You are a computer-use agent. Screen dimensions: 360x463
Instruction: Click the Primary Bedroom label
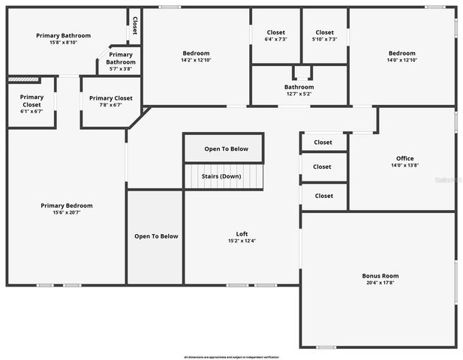(67, 205)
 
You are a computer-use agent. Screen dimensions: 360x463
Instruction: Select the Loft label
(242, 234)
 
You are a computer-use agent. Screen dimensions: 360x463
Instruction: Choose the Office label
(405, 158)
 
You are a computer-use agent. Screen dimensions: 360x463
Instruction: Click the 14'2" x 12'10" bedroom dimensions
(196, 59)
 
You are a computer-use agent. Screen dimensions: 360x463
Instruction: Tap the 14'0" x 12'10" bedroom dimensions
(402, 59)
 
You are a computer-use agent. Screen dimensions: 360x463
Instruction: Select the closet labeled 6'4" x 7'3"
(276, 39)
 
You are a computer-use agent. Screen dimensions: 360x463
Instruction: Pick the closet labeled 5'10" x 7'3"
(325, 39)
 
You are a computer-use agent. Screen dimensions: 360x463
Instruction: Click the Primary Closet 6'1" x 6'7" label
(32, 111)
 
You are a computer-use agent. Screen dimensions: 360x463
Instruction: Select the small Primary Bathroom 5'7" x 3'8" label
(120, 68)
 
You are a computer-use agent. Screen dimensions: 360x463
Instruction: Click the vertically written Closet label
(135, 26)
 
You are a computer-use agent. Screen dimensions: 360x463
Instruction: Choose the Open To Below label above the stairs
(226, 149)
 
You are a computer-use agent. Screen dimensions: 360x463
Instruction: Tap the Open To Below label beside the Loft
(156, 236)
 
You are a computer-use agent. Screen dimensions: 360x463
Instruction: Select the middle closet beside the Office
(323, 167)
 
